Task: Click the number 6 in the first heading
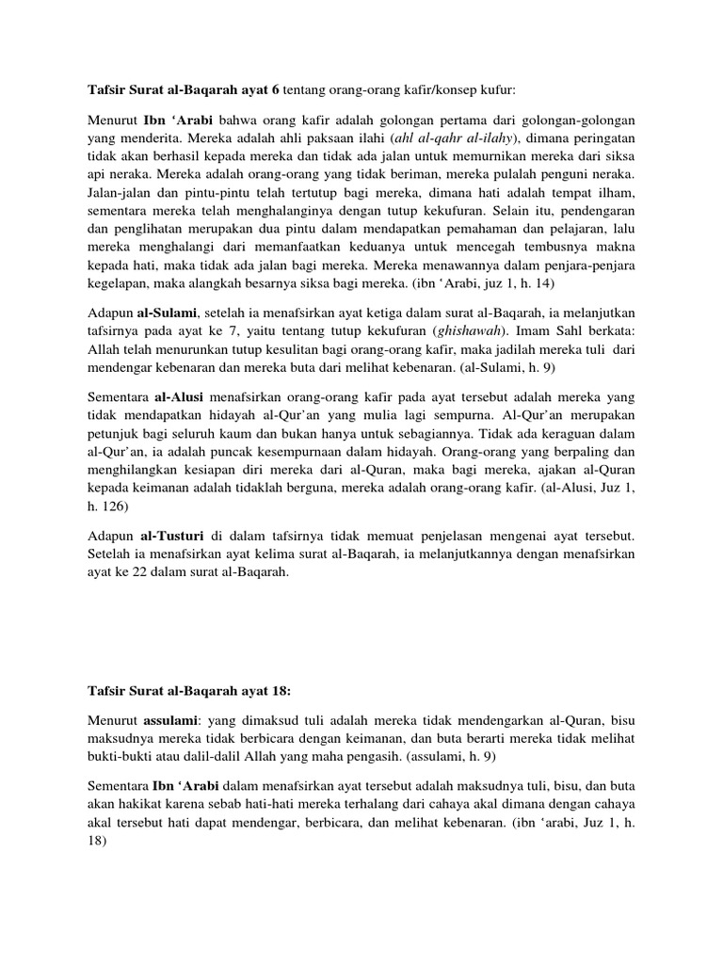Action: click(276, 90)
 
